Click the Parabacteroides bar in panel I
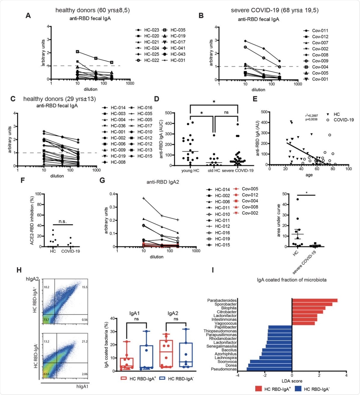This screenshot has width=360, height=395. pos(314,300)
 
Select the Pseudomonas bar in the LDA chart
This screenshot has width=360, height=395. pos(269,369)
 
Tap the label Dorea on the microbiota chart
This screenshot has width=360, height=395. pos(231,365)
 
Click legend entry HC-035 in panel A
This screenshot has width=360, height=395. pos(178,30)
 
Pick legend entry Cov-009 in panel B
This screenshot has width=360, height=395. pos(320,61)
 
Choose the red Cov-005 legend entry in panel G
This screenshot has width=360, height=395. pos(250,189)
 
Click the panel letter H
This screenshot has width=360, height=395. pos(19,270)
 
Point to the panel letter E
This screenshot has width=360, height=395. pos(255,99)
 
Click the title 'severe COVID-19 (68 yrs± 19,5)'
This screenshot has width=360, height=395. pos(275,10)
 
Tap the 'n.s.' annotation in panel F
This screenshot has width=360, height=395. pos(63,221)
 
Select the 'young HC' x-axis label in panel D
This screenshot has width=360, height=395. pos(190,171)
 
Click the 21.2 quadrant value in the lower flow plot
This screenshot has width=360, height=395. pos(84,342)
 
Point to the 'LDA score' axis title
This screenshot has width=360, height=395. pos(292,381)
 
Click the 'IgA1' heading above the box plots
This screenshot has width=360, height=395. pos(134,313)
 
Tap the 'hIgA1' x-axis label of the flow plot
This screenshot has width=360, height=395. pos(82,386)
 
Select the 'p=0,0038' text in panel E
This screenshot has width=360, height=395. pos(311,119)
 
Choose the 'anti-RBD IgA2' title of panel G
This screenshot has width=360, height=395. pos(163,182)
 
